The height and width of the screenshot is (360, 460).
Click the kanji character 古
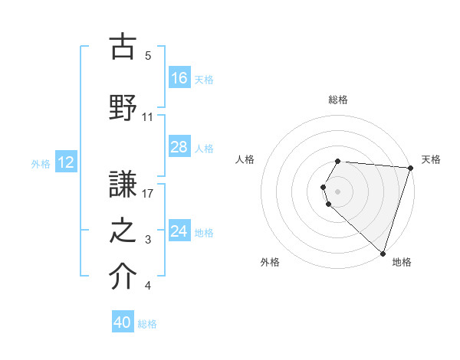pos(123,47)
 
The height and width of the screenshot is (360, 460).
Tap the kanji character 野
pos(123,108)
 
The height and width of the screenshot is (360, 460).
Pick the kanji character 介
pos(123,277)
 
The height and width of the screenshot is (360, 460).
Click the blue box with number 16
pos(179,77)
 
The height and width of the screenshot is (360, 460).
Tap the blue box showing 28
pos(179,147)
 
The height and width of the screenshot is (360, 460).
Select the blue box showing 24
pos(179,231)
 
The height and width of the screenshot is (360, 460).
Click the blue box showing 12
pos(65,162)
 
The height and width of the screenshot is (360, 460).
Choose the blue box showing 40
pos(123,322)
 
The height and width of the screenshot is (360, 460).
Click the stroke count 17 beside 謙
pos(147,194)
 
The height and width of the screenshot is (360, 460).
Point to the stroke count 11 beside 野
pos(147,117)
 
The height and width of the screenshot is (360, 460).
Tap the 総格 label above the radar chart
pos(338,100)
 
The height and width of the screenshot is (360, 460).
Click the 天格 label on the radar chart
pos(431,159)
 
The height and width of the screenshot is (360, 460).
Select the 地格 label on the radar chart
pos(402,262)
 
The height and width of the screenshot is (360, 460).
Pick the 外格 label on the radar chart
pos(270,262)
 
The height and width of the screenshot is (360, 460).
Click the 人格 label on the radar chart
pos(245,159)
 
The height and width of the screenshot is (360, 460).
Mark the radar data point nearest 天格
pos(410,168)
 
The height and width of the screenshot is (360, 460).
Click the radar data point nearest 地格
pos(383,253)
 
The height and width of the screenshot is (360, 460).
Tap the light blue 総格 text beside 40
pos(147,324)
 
